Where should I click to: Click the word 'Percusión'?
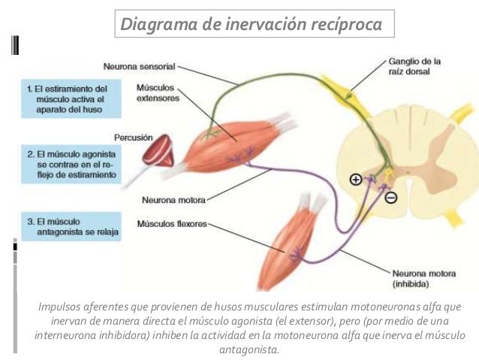click(x=133, y=138)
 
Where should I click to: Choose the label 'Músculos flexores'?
click(x=171, y=223)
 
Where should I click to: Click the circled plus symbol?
click(x=355, y=179)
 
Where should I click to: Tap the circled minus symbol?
click(x=391, y=198)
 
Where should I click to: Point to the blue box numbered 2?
click(x=67, y=163)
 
